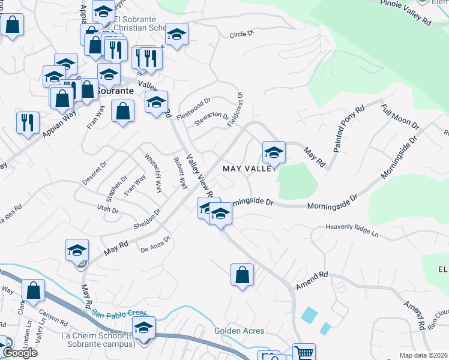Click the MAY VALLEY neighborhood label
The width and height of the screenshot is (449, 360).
click(x=249, y=169)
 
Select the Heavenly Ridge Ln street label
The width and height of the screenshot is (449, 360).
click(x=352, y=229)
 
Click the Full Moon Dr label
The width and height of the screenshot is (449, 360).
click(x=400, y=116)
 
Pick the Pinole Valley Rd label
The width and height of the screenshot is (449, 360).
click(x=406, y=13)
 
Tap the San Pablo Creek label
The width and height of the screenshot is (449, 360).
click(x=120, y=313)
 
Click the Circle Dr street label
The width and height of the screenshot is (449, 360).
click(x=243, y=35)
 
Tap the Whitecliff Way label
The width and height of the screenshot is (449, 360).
click(x=153, y=174)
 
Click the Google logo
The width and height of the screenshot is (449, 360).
click(x=20, y=353)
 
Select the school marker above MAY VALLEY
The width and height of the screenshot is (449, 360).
click(x=274, y=152)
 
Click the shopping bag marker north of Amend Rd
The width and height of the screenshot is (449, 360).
click(x=242, y=275)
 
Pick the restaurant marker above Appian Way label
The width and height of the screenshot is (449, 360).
click(x=28, y=122)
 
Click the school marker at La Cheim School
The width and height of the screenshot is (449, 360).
click(x=143, y=328)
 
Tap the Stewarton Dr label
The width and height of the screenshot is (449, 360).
click(x=212, y=119)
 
